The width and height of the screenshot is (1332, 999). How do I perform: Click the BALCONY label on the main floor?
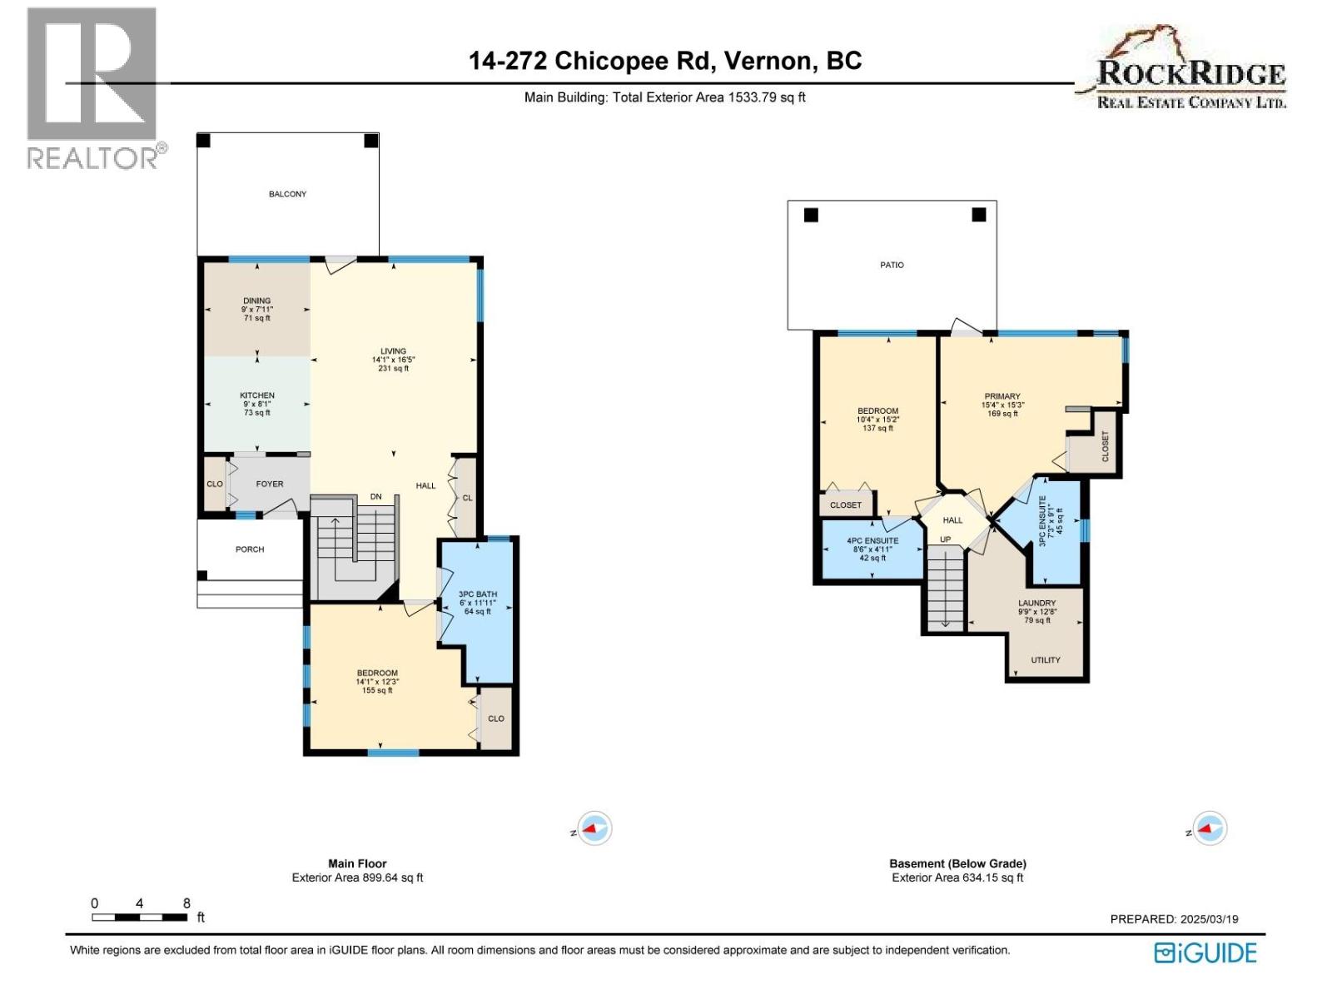287,194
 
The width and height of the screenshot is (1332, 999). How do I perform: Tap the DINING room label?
256,301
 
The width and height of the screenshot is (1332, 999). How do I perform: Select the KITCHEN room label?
256,395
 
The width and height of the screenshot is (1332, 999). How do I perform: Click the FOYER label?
269,484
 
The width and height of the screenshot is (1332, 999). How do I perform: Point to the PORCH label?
249,549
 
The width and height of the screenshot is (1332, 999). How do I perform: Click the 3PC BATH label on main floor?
477,594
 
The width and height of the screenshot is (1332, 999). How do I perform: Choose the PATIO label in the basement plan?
892,265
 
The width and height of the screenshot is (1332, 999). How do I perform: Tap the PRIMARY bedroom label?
1002,396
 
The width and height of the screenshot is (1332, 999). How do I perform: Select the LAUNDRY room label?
1036,603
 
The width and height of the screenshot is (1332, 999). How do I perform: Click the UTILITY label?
1046,660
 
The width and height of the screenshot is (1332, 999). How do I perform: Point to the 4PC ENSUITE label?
872,541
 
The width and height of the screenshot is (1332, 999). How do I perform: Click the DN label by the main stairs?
375,497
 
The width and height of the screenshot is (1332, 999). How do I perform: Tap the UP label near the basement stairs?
945,539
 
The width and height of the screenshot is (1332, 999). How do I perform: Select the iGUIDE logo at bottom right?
1205,953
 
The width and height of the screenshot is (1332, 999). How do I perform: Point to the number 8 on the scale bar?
186,903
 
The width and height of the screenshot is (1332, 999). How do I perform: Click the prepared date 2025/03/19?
1209,919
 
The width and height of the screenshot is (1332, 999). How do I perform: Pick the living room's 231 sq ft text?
393,368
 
